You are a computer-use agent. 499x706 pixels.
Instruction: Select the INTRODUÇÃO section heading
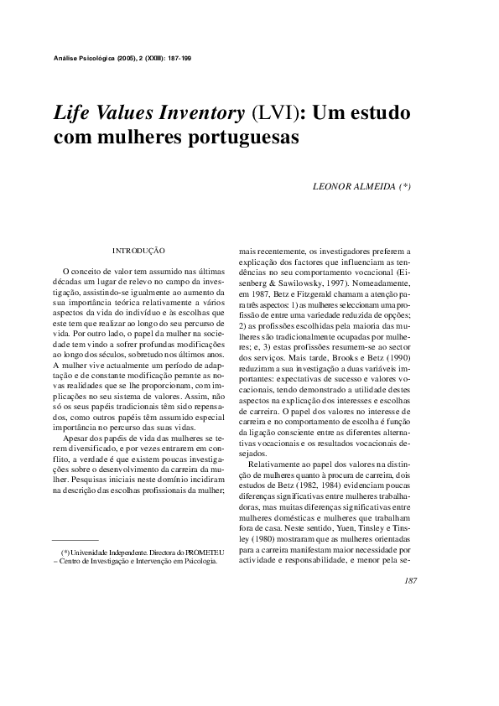(138, 250)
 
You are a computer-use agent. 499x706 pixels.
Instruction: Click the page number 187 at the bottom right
(410, 580)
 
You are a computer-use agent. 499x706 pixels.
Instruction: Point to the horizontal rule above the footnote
(75, 540)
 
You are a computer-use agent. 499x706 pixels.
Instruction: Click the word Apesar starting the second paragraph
(78, 437)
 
